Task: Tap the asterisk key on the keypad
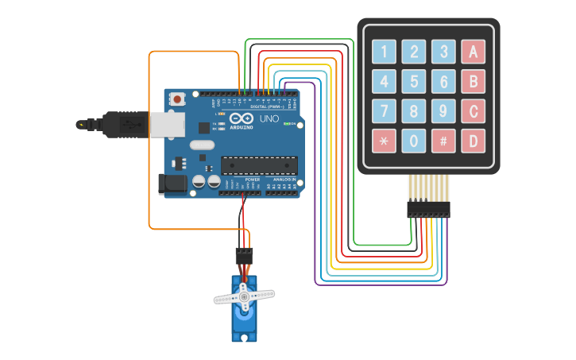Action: coord(385,141)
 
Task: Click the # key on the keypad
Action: coord(443,141)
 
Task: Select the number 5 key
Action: coord(414,81)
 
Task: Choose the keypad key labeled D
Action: coord(473,141)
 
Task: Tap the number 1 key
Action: coord(385,52)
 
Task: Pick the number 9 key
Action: coord(443,110)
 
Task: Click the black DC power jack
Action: coord(172,184)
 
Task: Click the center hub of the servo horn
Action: coord(244,297)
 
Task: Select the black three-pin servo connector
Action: coord(244,255)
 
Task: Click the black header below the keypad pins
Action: coord(428,209)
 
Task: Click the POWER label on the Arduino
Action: coord(253,180)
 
